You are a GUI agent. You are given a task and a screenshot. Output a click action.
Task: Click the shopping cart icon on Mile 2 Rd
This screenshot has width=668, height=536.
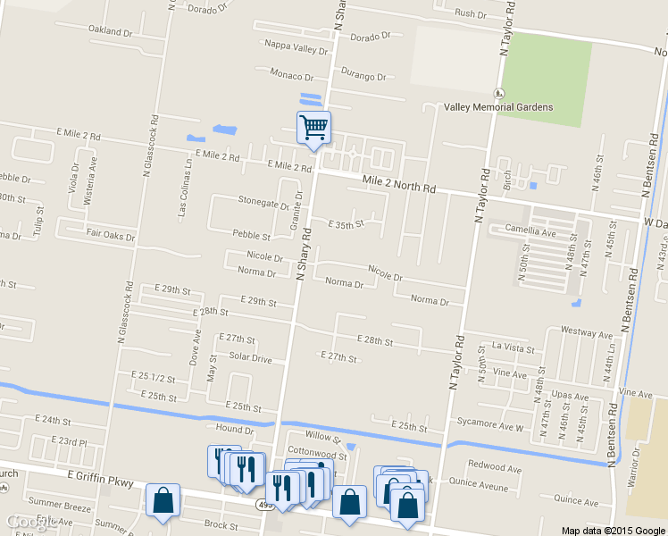click(x=313, y=128)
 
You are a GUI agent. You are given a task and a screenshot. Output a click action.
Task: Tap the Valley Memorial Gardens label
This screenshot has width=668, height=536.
click(x=497, y=107)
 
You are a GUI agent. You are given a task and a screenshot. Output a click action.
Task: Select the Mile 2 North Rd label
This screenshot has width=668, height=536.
click(x=399, y=186)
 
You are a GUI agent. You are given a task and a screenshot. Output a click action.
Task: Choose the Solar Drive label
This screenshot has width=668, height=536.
click(x=250, y=357)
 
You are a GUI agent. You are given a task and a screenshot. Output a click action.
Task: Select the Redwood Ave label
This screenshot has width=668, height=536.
click(x=495, y=467)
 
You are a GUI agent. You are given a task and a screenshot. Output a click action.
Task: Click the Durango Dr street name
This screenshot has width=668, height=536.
click(x=363, y=77)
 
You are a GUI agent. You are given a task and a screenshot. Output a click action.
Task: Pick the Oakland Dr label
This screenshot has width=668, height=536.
click(x=110, y=30)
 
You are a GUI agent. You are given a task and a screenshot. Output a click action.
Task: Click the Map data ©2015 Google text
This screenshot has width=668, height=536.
click(x=614, y=530)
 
